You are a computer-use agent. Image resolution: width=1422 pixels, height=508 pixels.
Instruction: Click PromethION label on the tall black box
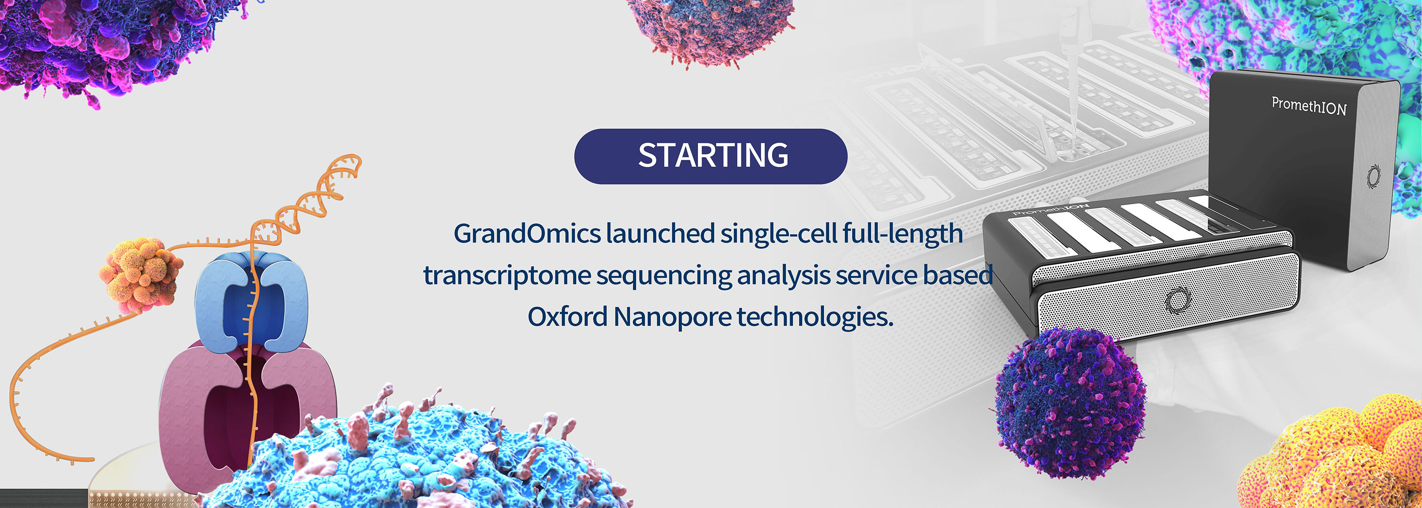1309,105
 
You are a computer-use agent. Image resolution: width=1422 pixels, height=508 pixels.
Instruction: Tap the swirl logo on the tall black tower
1374,176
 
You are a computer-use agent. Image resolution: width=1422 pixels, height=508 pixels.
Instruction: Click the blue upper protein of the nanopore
251,301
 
